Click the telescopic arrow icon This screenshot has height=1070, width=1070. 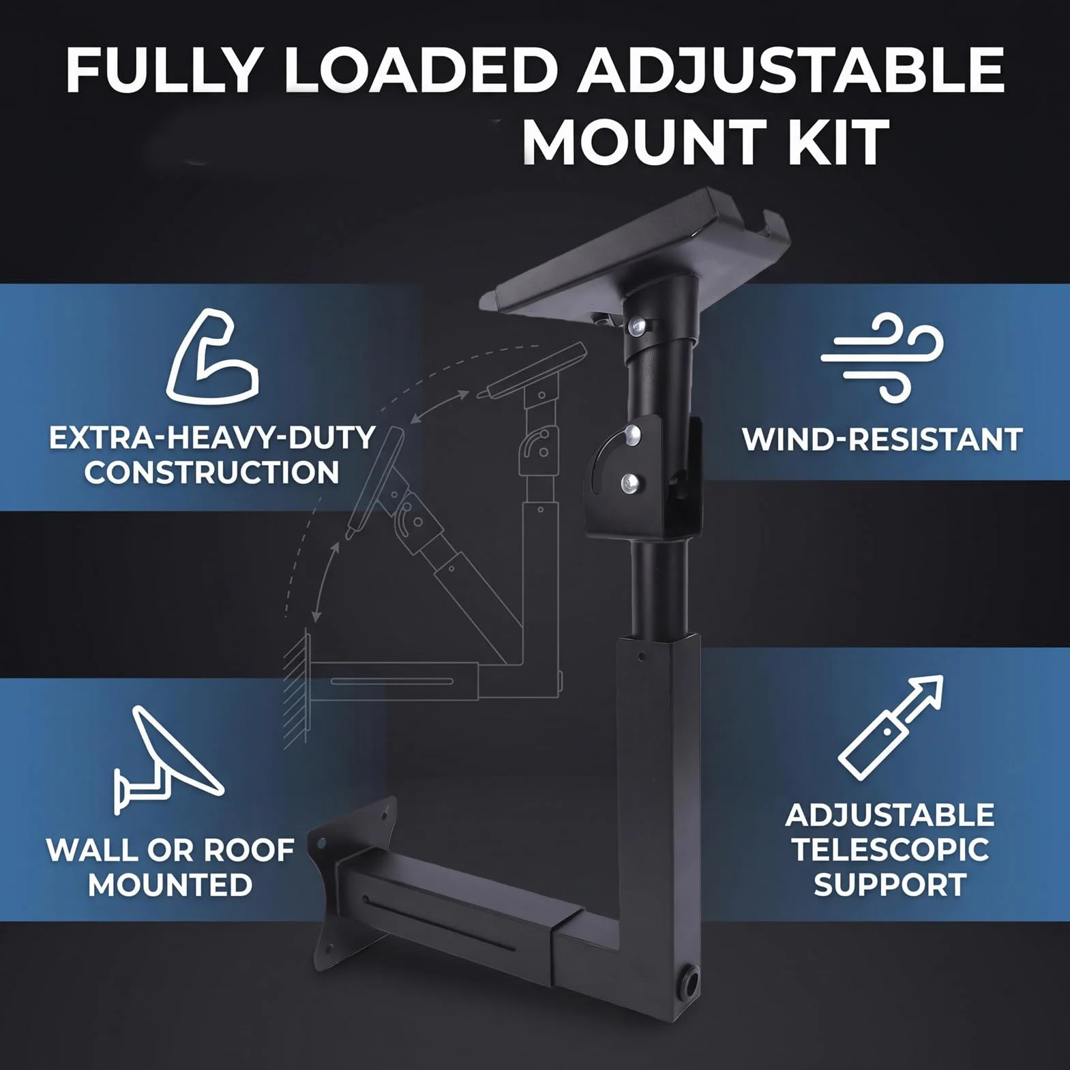(891, 728)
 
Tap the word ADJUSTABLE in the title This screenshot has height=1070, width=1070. (792, 70)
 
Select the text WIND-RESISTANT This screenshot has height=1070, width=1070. (882, 439)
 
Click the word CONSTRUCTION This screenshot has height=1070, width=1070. (211, 473)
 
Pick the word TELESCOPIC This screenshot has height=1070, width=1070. (890, 850)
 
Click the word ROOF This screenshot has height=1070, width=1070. (249, 850)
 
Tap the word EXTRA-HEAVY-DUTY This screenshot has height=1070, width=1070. (212, 438)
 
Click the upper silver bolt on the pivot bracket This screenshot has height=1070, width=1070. (633, 432)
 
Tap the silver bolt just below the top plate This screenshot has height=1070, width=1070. (637, 328)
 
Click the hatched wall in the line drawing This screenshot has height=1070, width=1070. (297, 689)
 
